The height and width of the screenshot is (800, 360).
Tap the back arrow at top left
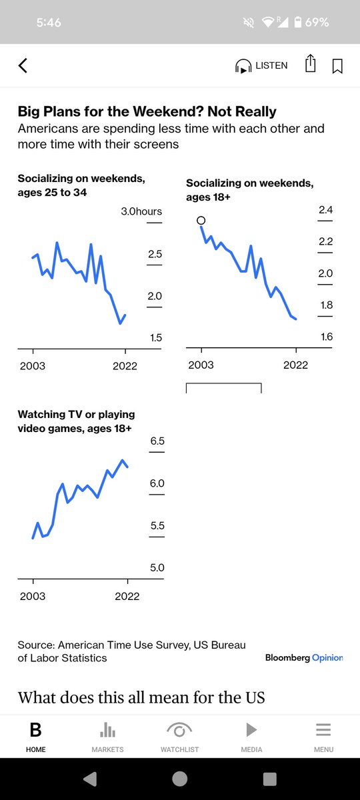(23, 65)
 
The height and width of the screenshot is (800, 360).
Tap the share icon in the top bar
(310, 64)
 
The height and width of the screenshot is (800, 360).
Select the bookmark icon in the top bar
(337, 66)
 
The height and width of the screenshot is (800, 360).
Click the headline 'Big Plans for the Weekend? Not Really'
(147, 111)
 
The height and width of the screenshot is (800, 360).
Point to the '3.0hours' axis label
(141, 211)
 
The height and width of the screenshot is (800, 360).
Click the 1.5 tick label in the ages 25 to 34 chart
(155, 338)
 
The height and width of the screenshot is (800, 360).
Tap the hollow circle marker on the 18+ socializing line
(201, 221)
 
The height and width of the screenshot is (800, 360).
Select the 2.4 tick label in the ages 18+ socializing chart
(326, 210)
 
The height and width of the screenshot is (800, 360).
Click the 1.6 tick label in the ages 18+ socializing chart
(326, 337)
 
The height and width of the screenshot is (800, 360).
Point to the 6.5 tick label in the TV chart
(157, 441)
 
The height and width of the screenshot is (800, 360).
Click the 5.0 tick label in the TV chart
(157, 568)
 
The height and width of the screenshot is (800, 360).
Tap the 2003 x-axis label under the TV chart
(33, 596)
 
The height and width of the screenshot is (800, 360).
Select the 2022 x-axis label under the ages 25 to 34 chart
(125, 366)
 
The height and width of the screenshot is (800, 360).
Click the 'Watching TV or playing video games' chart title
(75, 421)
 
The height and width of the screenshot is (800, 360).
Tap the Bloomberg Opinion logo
(304, 658)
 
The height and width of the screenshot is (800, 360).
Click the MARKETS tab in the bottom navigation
(108, 737)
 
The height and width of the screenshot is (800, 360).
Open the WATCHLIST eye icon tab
(179, 737)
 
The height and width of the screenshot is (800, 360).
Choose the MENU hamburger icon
(323, 737)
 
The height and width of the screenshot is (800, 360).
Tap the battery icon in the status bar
(297, 23)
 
